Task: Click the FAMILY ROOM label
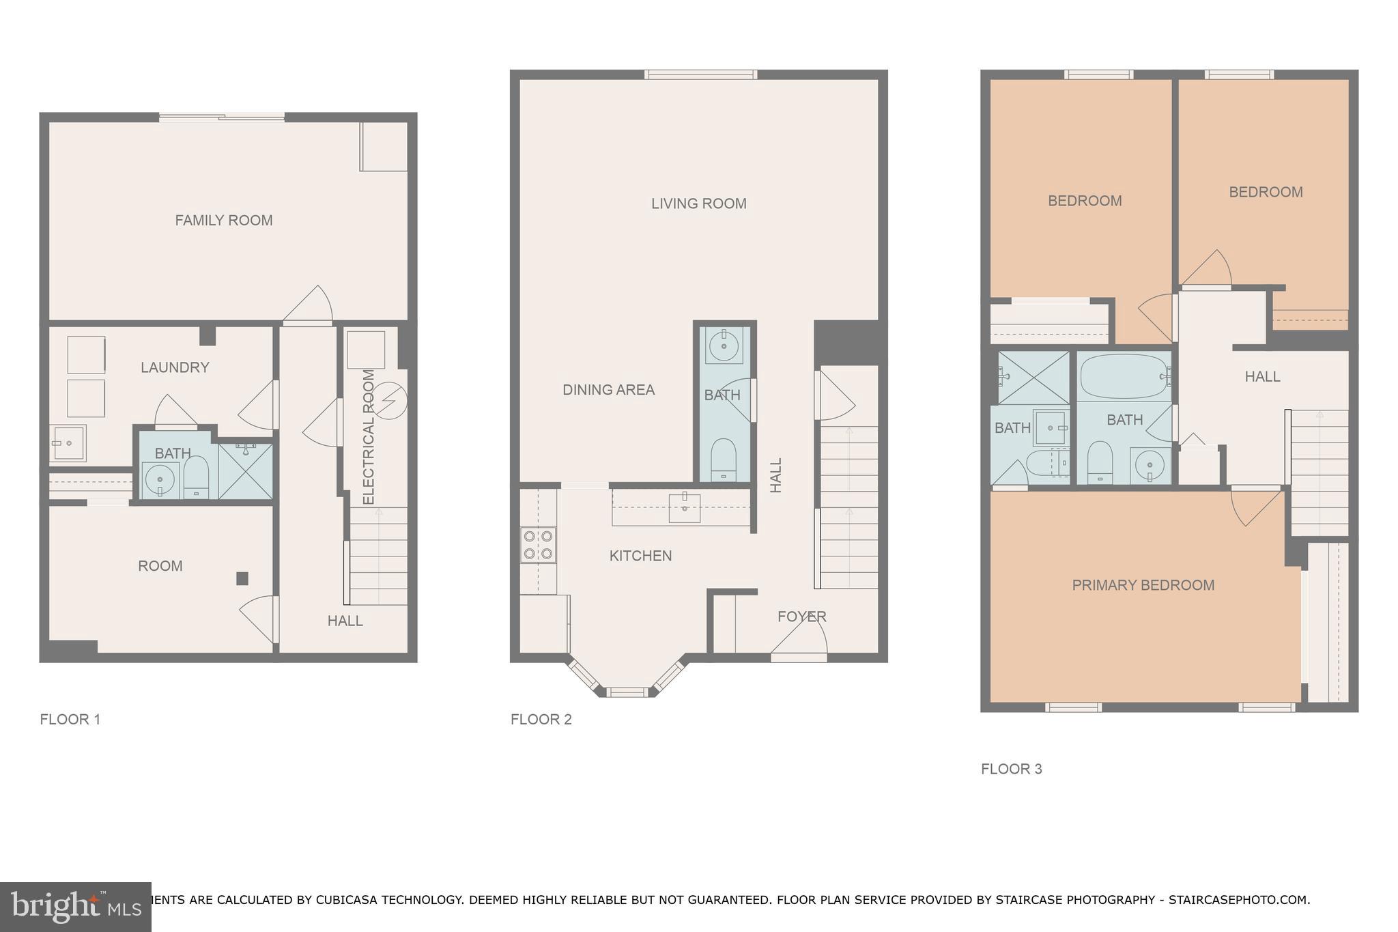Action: click(x=223, y=220)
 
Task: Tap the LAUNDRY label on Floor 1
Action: click(x=175, y=367)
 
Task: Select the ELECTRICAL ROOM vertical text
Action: click(x=369, y=437)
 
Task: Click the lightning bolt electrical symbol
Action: click(x=392, y=399)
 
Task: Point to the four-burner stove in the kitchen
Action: click(x=538, y=545)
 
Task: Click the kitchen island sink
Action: click(x=684, y=507)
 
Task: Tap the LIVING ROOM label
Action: click(x=698, y=203)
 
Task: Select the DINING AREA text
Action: click(x=608, y=390)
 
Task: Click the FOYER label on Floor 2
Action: click(x=801, y=617)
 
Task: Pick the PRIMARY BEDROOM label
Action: click(x=1143, y=585)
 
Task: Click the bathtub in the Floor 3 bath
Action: click(x=1124, y=376)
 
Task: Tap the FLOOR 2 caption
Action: click(x=541, y=719)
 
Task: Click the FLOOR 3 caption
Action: click(x=1011, y=769)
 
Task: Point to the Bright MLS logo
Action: click(x=75, y=907)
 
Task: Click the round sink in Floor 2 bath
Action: click(x=723, y=345)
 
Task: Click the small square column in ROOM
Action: click(x=242, y=578)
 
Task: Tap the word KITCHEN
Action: click(x=640, y=556)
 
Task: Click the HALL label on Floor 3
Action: click(x=1262, y=376)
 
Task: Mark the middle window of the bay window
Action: click(x=627, y=692)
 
